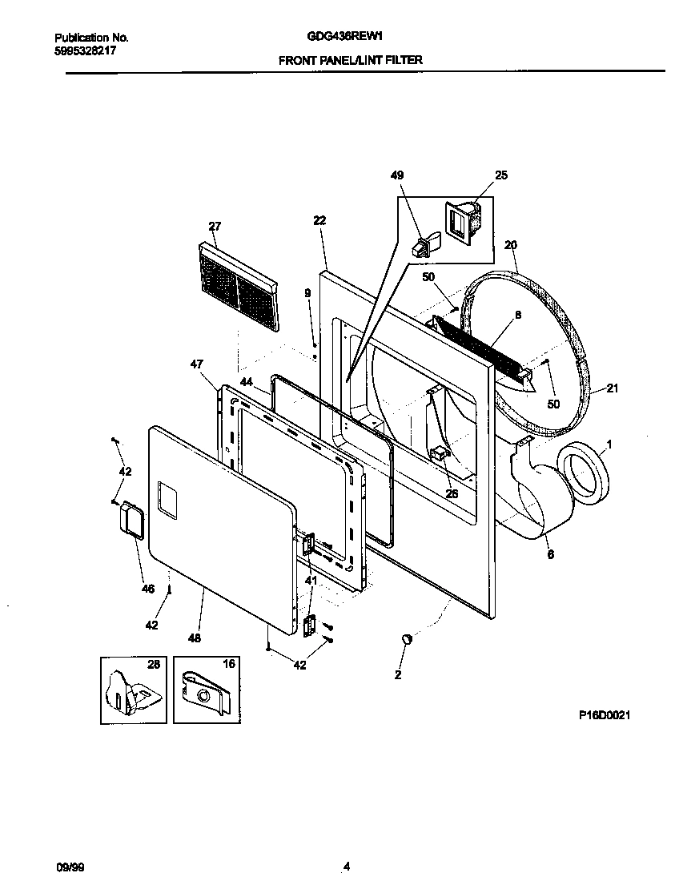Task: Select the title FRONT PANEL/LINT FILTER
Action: pos(350,60)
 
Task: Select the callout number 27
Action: pos(215,227)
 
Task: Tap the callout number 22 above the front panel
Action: pos(319,220)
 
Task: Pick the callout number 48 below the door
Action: pos(194,638)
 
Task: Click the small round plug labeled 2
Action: pos(407,638)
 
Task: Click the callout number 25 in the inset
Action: pos(501,175)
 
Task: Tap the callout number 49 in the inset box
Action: pos(398,175)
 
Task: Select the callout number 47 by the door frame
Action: pos(197,364)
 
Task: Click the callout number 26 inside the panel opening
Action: pos(452,493)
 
